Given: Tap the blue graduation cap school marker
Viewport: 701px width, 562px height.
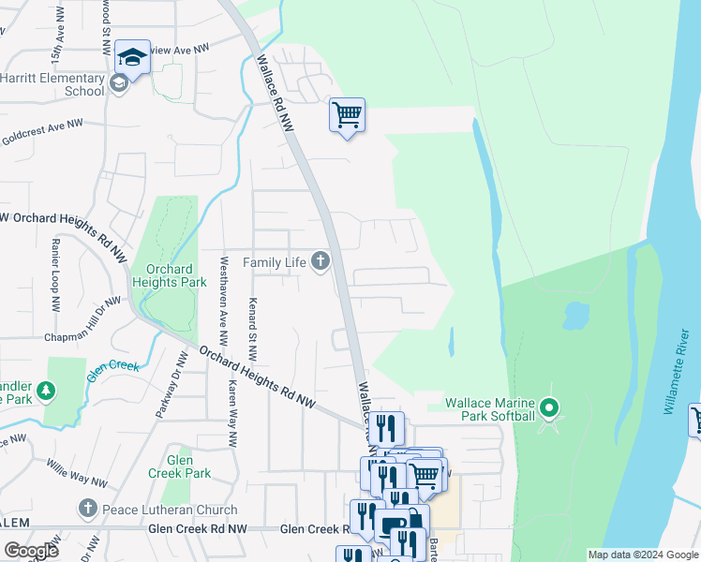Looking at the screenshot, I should click(x=133, y=58).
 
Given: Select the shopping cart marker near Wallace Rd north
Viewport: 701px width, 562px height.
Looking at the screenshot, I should click(x=347, y=116).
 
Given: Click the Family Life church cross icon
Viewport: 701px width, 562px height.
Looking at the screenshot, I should click(x=321, y=261).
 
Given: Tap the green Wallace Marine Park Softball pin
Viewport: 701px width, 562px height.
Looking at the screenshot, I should click(x=550, y=408).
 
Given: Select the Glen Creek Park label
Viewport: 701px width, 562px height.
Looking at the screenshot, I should click(x=179, y=466).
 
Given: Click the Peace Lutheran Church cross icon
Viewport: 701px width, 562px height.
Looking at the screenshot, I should click(x=87, y=510).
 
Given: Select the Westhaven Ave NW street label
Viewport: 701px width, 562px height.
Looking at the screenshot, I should click(x=224, y=300).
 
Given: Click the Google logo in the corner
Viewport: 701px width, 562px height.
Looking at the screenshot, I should click(x=31, y=550).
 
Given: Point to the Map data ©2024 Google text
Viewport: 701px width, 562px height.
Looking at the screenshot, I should click(x=642, y=555).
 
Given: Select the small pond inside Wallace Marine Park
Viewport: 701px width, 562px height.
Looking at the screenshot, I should click(x=575, y=316).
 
